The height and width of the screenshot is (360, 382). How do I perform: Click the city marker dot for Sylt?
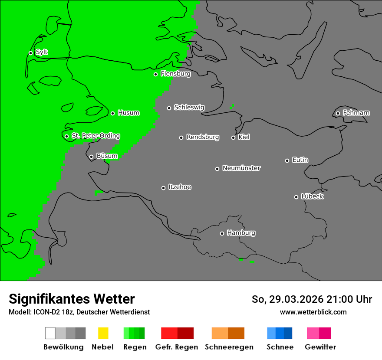tap(30, 53)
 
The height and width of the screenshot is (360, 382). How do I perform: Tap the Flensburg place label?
tap(175, 74)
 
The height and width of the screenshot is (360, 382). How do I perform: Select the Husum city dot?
tap(112, 113)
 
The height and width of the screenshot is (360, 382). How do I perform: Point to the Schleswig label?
tap(189, 107)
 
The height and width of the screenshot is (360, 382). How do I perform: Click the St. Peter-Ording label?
tap(95, 136)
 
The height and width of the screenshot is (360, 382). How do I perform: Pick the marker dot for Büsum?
tap(91, 157)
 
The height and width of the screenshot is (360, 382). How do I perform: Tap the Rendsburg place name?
tap(202, 137)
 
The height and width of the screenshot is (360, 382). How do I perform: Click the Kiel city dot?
tap(233, 137)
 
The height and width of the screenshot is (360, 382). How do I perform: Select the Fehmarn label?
tap(356, 113)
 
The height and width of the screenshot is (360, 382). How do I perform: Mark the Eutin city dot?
tap(287, 160)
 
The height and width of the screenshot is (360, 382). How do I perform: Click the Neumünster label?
tap(241, 168)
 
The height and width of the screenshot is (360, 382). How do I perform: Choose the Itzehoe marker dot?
tap(163, 188)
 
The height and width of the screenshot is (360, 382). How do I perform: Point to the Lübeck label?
tap(312, 196)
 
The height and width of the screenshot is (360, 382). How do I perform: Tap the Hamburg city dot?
tap(222, 233)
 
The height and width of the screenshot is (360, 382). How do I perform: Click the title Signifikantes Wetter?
tap(72, 299)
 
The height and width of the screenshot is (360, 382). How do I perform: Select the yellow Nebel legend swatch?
tap(103, 333)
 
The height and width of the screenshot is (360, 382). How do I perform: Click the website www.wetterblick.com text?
tap(313, 312)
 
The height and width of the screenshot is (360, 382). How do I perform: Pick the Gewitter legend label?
tap(320, 347)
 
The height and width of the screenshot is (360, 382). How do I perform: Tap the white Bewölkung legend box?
tap(50, 333)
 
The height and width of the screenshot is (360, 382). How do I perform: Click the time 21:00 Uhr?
tap(352, 299)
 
